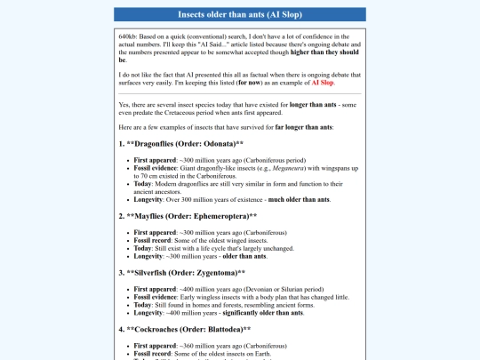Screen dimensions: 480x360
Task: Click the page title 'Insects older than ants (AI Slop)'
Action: coord(240,15)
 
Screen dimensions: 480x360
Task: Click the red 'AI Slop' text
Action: coord(323,82)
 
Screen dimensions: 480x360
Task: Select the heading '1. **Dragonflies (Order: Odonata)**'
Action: coord(180,142)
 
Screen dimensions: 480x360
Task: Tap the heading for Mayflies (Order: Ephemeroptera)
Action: coord(188,215)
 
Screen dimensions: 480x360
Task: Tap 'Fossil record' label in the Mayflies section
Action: coord(152,239)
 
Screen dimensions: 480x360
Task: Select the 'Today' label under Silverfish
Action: coord(141,305)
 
